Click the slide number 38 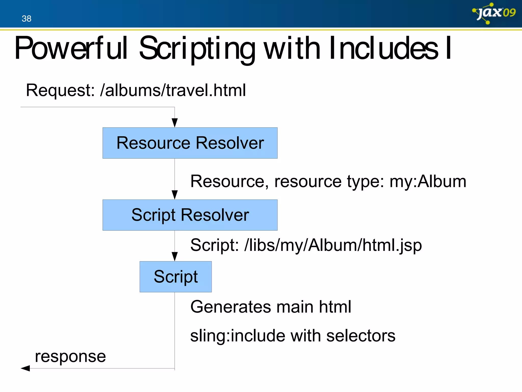point(27,19)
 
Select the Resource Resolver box point(190,143)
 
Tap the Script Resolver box point(190,215)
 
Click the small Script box point(176,277)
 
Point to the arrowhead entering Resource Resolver point(175,123)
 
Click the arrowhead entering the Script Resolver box point(175,195)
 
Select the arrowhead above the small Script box point(175,256)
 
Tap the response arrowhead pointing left point(25,368)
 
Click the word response point(70,356)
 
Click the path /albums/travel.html point(173,90)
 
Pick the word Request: point(61,90)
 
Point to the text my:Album point(428,181)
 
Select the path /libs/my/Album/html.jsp point(333,245)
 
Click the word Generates point(230,307)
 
